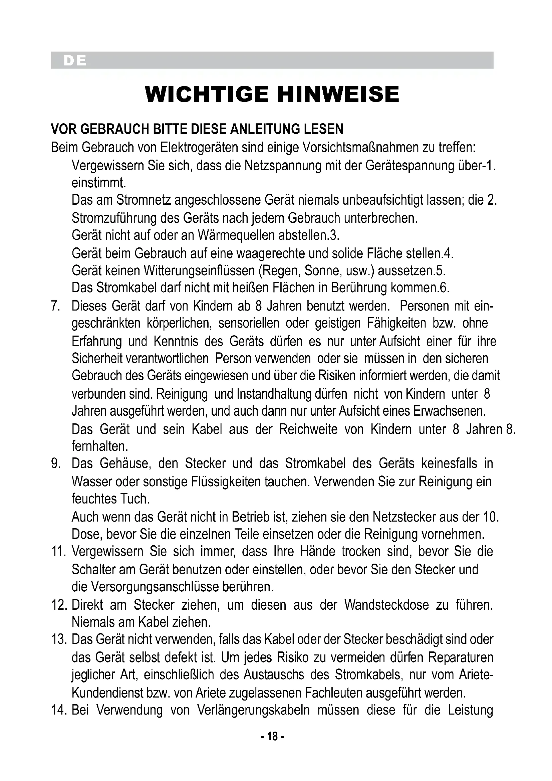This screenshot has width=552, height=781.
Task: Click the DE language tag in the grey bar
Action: click(x=75, y=60)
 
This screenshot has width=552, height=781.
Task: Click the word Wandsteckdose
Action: click(x=386, y=605)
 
